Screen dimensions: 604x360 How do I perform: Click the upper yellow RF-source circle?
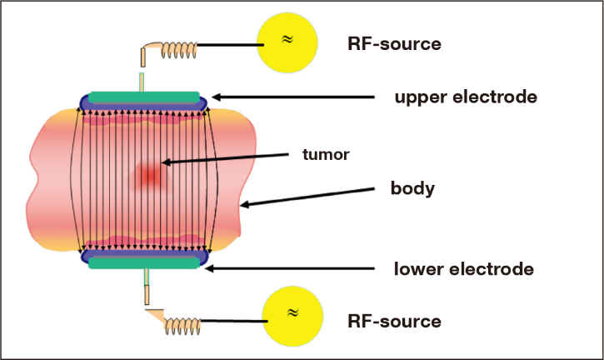tap(287, 42)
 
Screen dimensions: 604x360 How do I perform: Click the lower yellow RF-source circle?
tap(292, 316)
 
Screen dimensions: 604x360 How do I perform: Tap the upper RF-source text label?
tap(394, 44)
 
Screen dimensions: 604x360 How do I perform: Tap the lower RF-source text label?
tap(394, 322)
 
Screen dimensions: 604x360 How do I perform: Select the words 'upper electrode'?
tap(466, 97)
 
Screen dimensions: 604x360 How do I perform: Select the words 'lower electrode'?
tap(464, 269)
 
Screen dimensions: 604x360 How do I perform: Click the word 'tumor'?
tap(326, 154)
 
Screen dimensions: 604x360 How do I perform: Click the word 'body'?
tap(412, 188)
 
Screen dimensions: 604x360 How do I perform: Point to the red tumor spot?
tap(149, 176)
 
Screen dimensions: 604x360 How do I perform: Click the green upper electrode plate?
tap(144, 97)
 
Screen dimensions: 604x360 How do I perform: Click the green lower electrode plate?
tap(144, 262)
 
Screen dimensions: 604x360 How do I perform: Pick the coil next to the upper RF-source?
tap(179, 50)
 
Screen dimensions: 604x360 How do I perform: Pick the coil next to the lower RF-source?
tap(183, 326)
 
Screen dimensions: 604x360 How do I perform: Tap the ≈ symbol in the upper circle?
tap(287, 39)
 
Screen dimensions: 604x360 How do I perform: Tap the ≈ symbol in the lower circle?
tap(292, 312)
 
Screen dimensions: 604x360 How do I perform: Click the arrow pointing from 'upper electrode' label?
tap(293, 97)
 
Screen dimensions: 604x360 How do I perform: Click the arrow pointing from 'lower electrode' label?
tap(290, 268)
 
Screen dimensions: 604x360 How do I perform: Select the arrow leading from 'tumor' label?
tap(225, 159)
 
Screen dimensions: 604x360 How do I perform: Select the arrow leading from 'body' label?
tap(307, 197)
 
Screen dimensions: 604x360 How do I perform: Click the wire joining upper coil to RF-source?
tap(230, 45)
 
